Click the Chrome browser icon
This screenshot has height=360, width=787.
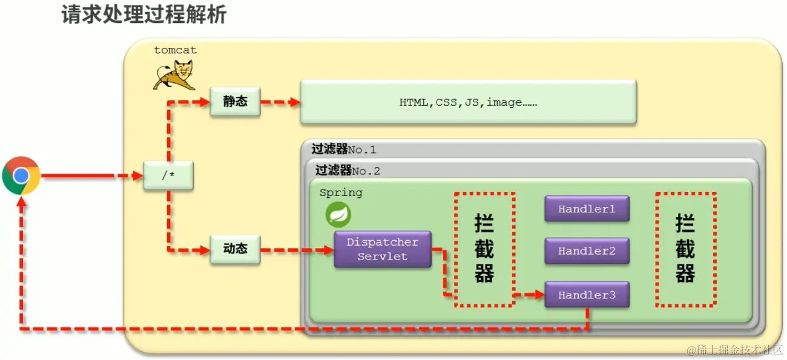tap(21, 175)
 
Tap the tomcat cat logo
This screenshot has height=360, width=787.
tap(173, 76)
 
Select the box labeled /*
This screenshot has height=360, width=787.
tap(168, 176)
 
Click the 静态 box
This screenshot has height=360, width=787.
tap(235, 101)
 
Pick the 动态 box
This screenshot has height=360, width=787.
tap(235, 249)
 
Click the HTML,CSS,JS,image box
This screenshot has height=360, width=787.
tap(468, 102)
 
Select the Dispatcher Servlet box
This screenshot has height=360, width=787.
tap(382, 249)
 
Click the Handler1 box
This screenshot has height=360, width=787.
tap(587, 209)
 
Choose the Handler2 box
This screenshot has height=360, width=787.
tap(587, 251)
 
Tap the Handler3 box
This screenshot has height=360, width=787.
tap(587, 295)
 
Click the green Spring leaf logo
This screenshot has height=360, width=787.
tap(338, 215)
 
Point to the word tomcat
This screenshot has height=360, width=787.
tap(176, 50)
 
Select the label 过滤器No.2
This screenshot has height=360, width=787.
tap(348, 171)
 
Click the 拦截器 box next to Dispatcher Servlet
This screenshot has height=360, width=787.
tap(484, 249)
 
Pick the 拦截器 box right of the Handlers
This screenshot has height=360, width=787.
tap(685, 249)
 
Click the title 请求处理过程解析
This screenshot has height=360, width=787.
tap(144, 15)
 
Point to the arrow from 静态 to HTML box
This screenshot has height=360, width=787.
tap(280, 102)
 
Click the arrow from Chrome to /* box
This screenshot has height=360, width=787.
tap(91, 176)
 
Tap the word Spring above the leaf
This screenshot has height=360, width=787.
tap(341, 193)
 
